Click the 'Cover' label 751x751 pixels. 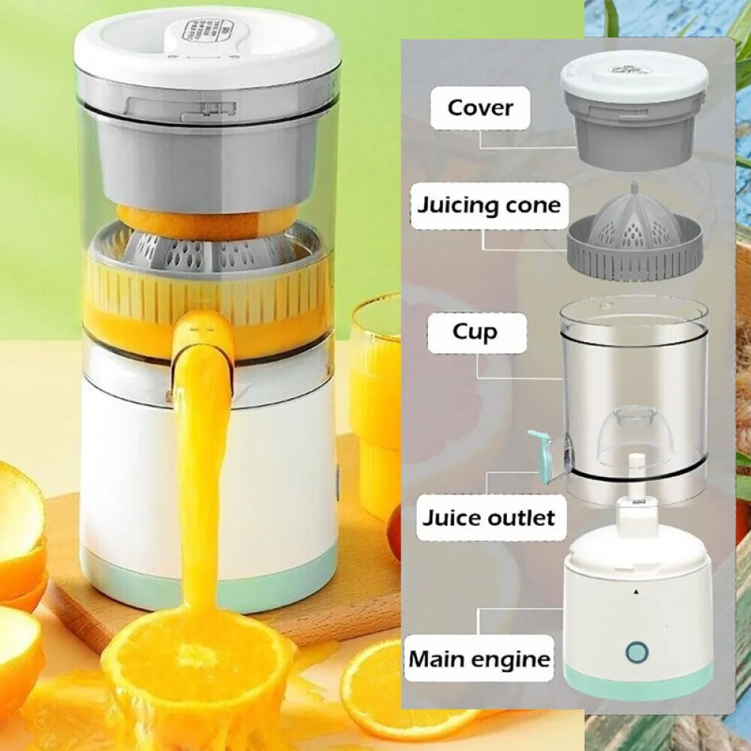pyautogui.click(x=481, y=107)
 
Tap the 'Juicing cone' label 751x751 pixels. pyautogui.click(x=490, y=204)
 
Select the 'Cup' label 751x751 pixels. pyautogui.click(x=474, y=332)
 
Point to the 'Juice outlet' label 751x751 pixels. pyautogui.click(x=488, y=517)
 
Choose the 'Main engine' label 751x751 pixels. pyautogui.click(x=479, y=660)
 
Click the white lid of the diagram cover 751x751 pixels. pyautogui.click(x=635, y=75)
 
